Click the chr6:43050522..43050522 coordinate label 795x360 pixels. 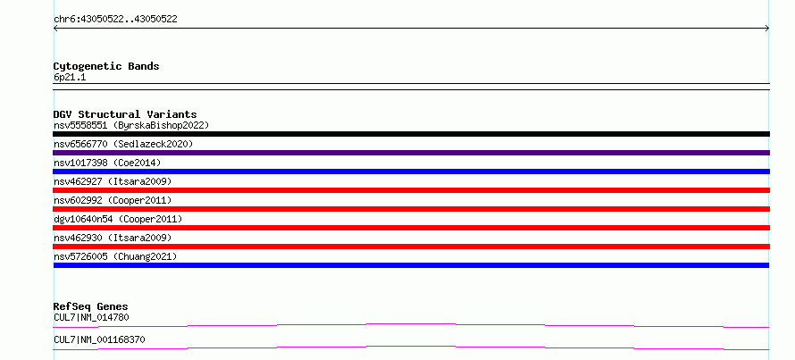tap(115, 20)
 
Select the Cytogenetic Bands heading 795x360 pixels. tap(106, 66)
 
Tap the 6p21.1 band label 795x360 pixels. tap(70, 77)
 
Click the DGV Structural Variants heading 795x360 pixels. tap(125, 114)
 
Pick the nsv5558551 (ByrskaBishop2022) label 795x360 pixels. tap(131, 125)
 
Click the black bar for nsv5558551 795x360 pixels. tap(411, 134)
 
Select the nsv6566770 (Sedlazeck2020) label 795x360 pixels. tap(123, 144)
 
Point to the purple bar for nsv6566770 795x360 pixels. tap(411, 153)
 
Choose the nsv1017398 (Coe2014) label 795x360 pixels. tap(107, 163)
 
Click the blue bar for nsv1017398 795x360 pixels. tap(411, 172)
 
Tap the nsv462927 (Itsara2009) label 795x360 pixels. tap(113, 181)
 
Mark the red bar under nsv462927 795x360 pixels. tap(411, 190)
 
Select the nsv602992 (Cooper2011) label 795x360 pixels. tap(113, 200)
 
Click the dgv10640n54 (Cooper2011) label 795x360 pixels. tap(118, 219)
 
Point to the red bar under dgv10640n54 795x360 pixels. tap(411, 228)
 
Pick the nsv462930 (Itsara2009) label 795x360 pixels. tap(113, 238)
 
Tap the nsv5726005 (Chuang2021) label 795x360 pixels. tap(115, 256)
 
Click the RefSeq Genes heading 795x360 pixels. tap(91, 306)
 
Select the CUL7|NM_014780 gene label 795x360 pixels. tap(91, 318)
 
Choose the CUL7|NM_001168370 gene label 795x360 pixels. tap(99, 339)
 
